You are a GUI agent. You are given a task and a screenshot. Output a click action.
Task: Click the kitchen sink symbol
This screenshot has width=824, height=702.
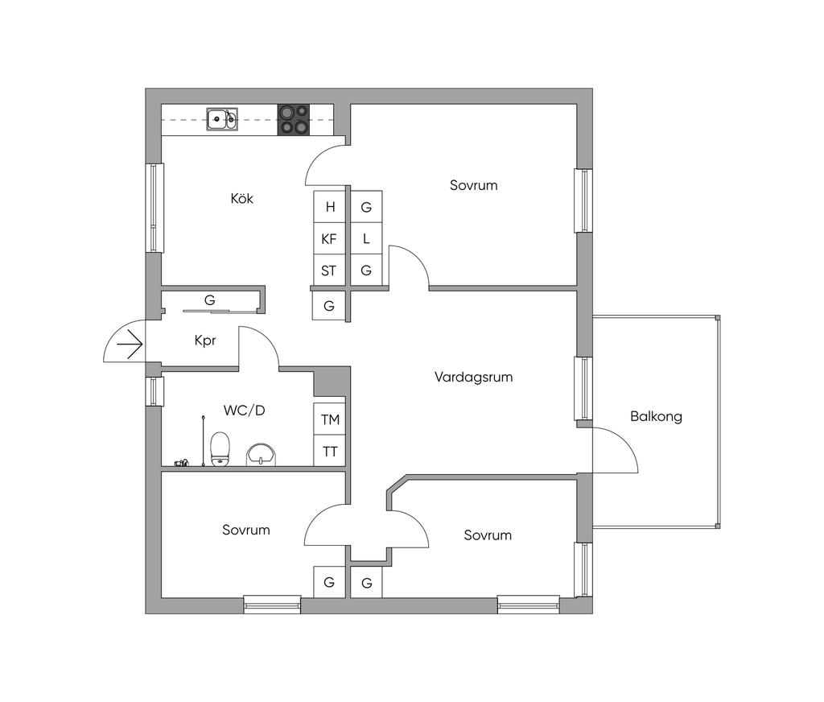[221, 119]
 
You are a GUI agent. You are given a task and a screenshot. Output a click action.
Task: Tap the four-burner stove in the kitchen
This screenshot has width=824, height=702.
[294, 119]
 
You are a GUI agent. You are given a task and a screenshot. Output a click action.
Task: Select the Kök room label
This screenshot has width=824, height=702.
[241, 198]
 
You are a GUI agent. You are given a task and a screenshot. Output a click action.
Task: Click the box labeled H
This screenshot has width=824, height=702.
[329, 207]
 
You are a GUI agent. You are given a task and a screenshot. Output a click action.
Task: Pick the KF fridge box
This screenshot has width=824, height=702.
[329, 239]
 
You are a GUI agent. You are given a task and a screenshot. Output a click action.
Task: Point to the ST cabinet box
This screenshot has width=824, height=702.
[329, 270]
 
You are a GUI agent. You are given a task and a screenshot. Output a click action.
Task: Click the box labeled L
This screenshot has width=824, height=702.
[366, 239]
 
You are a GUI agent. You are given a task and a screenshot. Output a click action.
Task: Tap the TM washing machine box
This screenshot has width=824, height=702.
[330, 419]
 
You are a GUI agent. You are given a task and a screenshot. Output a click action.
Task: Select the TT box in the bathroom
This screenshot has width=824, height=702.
[330, 451]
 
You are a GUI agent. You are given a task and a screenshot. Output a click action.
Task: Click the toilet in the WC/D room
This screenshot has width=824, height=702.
[220, 448]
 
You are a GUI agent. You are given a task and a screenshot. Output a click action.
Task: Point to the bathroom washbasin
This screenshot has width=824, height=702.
[261, 455]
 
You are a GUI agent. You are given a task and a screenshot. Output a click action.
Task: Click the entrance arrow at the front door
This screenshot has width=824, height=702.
[129, 345]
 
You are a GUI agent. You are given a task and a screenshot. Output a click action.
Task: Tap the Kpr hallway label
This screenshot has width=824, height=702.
[205, 341]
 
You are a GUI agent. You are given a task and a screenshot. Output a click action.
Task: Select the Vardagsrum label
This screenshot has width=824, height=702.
[473, 377]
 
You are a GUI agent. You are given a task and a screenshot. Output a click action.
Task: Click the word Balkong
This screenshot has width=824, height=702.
[656, 417]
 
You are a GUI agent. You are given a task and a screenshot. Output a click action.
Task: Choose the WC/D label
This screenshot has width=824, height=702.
[244, 411]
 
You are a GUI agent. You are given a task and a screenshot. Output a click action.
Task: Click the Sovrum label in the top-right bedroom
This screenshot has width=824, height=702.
[473, 185]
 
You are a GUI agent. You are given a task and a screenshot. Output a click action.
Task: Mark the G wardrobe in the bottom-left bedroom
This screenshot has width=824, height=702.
[329, 582]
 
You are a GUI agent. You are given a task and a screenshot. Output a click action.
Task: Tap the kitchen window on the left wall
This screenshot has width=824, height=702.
[154, 208]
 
